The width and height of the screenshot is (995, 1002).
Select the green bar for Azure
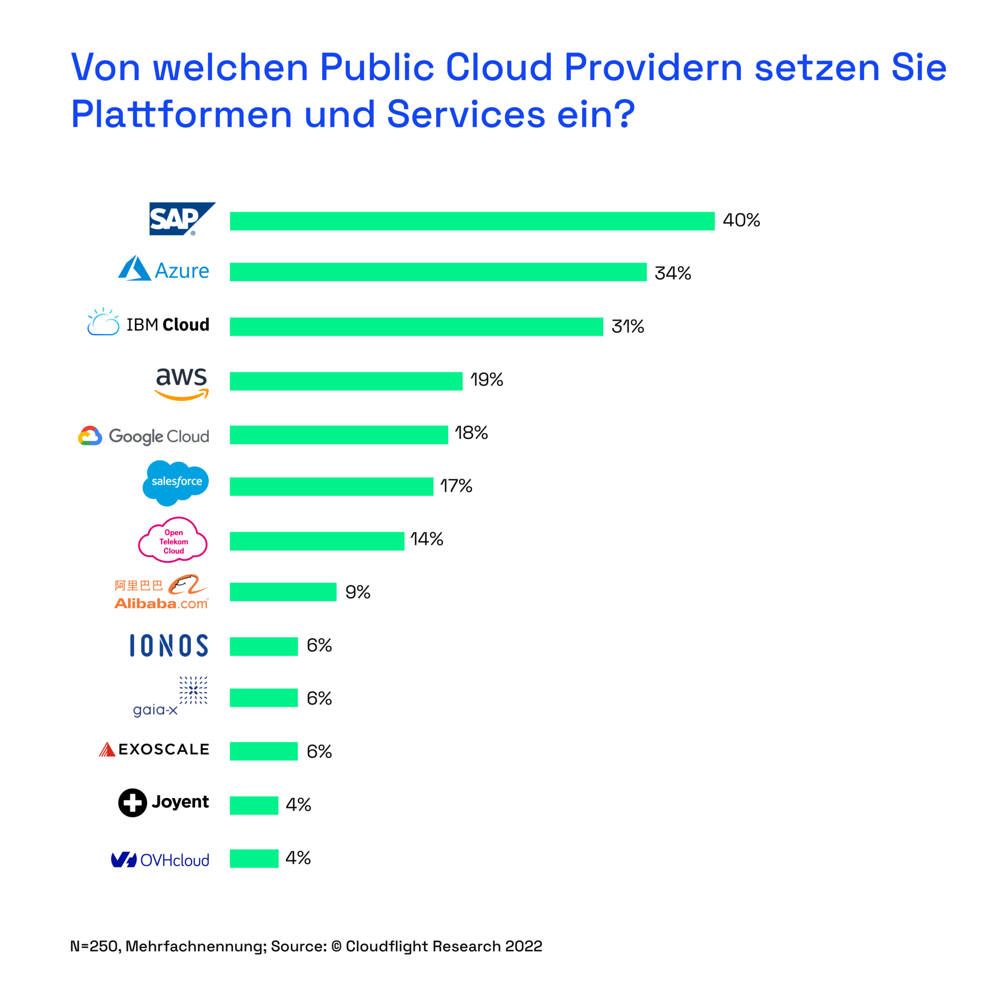438,272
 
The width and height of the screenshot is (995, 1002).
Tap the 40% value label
741,221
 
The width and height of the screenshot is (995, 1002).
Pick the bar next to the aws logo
346,381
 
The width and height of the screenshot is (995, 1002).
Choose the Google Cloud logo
144,436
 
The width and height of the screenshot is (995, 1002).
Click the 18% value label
471,433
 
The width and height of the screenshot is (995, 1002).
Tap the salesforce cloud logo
175,482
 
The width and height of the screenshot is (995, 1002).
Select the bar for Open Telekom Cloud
317,541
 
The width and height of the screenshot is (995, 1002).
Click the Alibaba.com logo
162,592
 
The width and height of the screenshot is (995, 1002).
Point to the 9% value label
357,592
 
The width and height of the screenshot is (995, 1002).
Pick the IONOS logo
168,646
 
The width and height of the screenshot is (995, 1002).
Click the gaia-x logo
170,697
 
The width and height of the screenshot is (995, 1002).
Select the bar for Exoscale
263,751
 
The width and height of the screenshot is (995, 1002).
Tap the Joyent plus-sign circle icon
132,803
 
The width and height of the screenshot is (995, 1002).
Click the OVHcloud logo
160,860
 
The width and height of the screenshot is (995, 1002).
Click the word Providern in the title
653,68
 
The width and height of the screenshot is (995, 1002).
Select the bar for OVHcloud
254,858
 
